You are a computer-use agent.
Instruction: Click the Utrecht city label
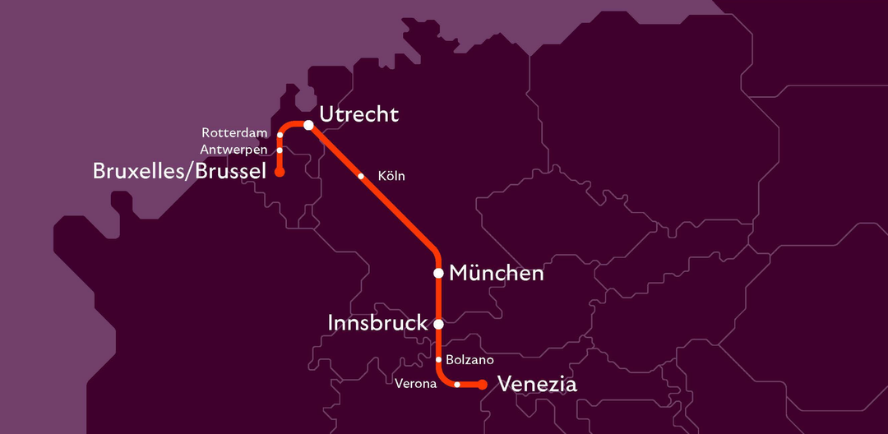click(x=358, y=114)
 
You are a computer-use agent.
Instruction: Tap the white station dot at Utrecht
click(x=308, y=125)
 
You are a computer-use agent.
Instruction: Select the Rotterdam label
click(x=235, y=133)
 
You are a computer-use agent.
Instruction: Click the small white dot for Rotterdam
click(x=280, y=134)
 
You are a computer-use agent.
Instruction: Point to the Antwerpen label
click(x=234, y=150)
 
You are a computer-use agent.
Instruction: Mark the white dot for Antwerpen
click(x=280, y=150)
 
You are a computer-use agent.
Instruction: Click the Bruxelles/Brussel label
click(x=180, y=171)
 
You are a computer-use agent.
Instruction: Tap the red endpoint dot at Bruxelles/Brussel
click(x=280, y=173)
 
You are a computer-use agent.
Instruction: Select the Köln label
click(x=391, y=176)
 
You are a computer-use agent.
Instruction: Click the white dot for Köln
click(x=361, y=176)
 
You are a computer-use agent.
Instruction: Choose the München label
click(x=496, y=273)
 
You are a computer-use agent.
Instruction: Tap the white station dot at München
click(x=438, y=273)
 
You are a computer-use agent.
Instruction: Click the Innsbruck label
click(x=377, y=323)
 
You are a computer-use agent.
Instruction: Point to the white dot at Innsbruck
click(x=438, y=324)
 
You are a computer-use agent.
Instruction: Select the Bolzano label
click(x=469, y=360)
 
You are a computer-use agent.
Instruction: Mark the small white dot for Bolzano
click(x=438, y=359)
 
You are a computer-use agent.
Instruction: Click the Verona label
click(x=415, y=385)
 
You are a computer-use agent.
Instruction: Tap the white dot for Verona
click(x=457, y=385)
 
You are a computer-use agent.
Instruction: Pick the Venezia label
click(x=538, y=385)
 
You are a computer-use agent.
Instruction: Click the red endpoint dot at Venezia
click(x=483, y=385)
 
